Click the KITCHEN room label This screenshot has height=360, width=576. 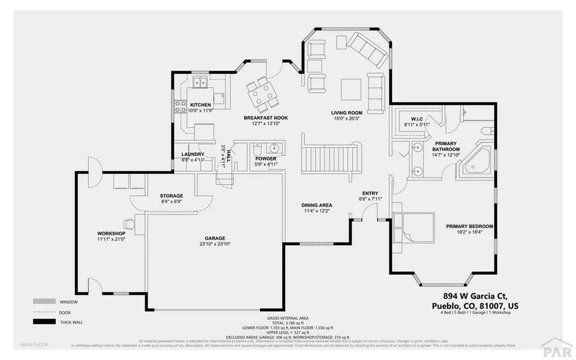coord(200,105)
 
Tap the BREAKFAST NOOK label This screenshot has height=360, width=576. coord(265,118)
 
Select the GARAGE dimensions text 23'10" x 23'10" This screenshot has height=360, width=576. coord(215,244)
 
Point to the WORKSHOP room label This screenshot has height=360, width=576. coord(110,233)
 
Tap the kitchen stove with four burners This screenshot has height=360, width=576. coord(182,107)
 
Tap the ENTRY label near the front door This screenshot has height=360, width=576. coord(370,193)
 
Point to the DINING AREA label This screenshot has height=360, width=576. coord(317,205)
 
